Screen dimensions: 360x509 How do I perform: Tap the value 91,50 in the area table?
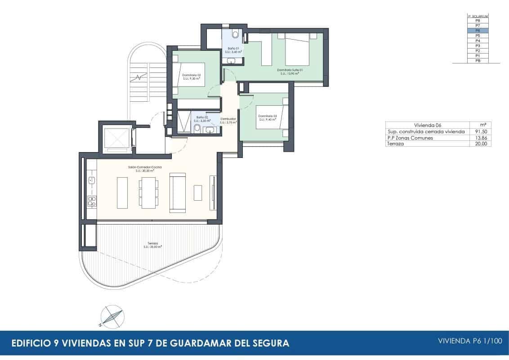click(481, 131)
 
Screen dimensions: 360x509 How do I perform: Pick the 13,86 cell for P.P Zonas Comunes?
click(481, 138)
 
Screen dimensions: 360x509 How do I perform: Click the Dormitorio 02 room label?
click(192, 76)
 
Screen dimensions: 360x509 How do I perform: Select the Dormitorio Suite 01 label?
click(290, 71)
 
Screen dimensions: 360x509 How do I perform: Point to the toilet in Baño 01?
click(235, 34)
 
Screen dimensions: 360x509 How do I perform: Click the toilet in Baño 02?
click(196, 130)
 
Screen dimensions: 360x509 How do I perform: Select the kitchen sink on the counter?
click(91, 180)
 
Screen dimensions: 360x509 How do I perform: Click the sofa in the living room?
click(177, 193)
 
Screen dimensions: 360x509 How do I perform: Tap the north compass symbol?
click(112, 316)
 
